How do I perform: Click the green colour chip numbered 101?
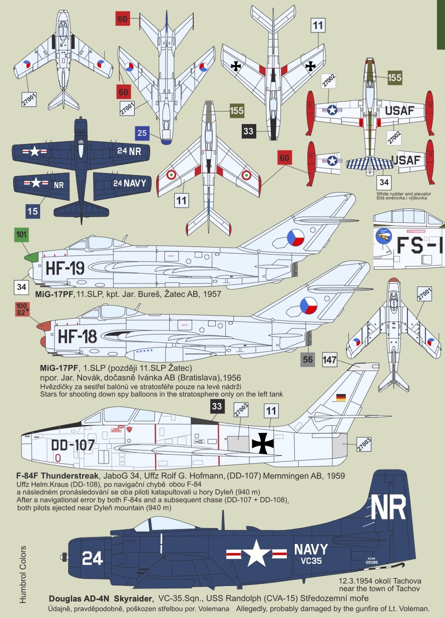(x=22, y=235)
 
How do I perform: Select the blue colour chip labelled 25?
(x=142, y=133)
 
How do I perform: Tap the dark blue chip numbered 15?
(x=33, y=211)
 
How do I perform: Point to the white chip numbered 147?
(x=330, y=359)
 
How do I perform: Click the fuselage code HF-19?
(x=65, y=268)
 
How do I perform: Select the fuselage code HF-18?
(x=77, y=336)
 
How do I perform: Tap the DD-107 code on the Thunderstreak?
(x=73, y=444)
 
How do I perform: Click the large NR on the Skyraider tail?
(x=388, y=509)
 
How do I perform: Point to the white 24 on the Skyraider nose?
(x=93, y=558)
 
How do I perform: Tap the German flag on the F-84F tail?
(x=341, y=397)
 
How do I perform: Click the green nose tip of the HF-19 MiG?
(x=31, y=257)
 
